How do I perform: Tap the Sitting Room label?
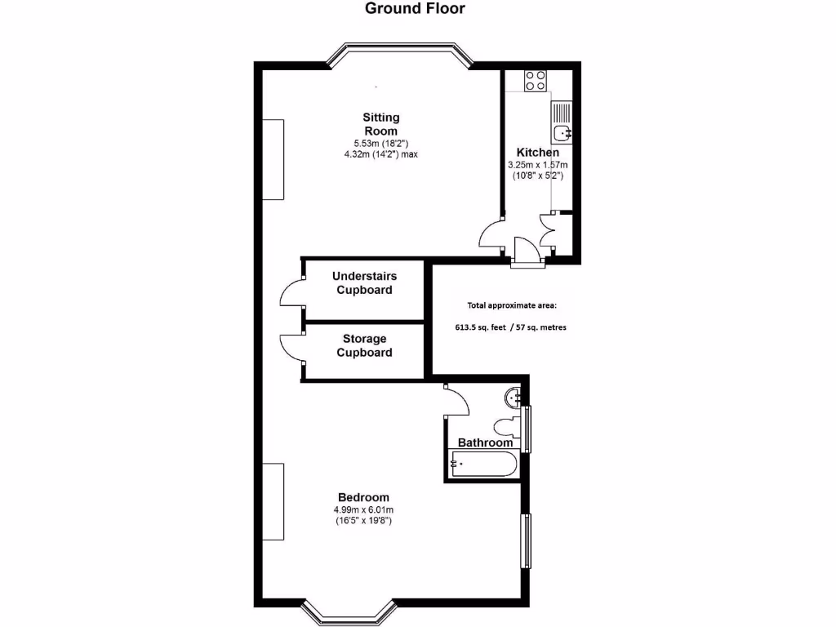point(380,124)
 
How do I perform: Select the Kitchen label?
point(538,153)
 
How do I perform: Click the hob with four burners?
point(536,80)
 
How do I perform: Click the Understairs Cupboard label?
point(364,283)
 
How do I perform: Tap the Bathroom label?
point(486,442)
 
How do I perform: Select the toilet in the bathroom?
point(506,427)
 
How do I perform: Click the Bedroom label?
point(363,497)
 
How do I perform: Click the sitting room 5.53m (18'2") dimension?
point(380,144)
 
